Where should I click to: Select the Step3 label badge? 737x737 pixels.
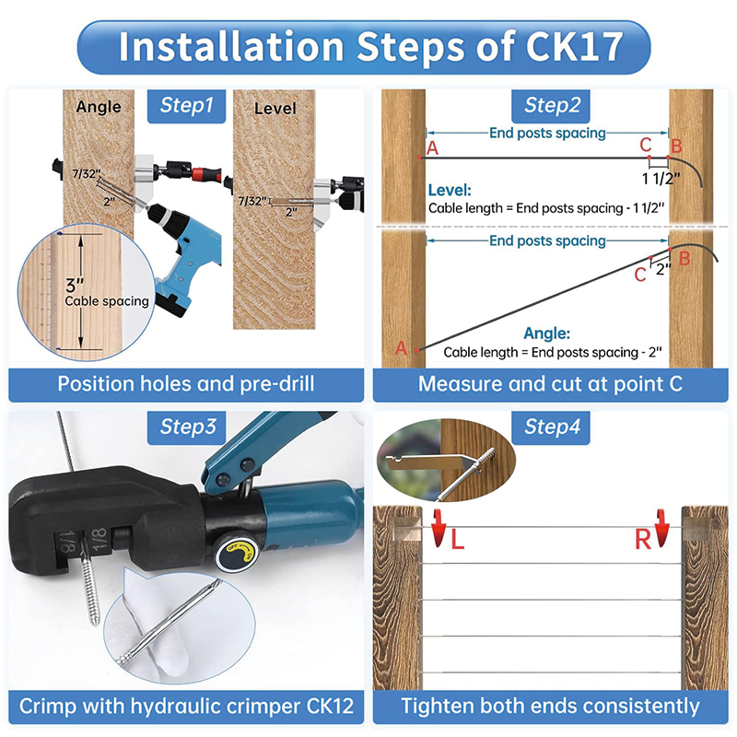tap(187, 427)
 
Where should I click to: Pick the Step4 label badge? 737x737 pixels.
tap(552, 427)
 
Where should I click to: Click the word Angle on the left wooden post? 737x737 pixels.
tap(99, 106)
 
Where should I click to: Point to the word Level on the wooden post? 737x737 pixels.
tap(275, 108)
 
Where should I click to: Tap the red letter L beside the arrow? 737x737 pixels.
tap(457, 541)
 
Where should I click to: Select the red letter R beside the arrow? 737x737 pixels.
tap(643, 540)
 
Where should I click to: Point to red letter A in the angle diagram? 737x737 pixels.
tap(401, 348)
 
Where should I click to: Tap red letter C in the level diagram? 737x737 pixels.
tap(645, 145)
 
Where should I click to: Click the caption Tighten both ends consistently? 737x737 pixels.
tap(550, 707)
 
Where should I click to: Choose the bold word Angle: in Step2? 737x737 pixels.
tap(546, 333)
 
